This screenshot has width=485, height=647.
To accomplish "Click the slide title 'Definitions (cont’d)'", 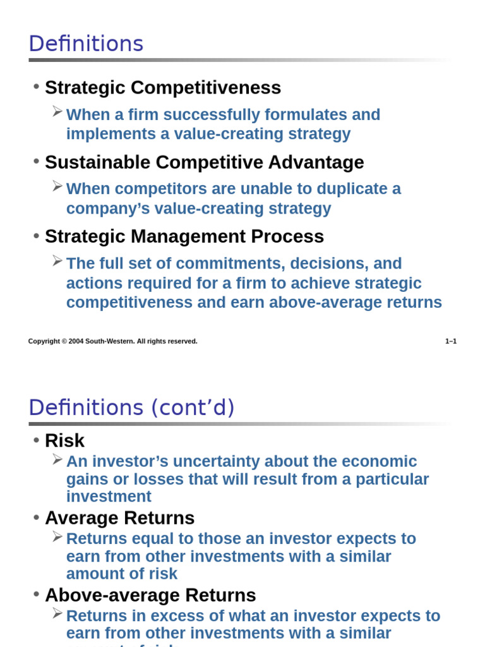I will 131,408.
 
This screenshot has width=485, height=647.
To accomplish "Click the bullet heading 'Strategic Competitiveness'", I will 163,88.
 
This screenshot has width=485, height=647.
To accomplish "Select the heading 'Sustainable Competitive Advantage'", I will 204,162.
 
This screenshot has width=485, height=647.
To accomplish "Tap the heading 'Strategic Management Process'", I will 184,236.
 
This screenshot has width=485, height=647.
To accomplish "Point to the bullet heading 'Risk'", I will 64,440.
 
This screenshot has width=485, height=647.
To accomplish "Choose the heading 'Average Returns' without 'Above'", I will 119,518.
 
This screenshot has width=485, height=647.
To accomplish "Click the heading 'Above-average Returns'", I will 150,595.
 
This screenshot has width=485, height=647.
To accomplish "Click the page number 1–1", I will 451,341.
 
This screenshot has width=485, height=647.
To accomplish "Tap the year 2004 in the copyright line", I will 76,341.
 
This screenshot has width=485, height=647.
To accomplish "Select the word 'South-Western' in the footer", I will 109,341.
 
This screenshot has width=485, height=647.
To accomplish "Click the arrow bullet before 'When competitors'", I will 57,186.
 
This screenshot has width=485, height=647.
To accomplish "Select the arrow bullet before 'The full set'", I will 57,260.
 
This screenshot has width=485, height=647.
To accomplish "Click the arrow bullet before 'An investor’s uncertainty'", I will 57,459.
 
